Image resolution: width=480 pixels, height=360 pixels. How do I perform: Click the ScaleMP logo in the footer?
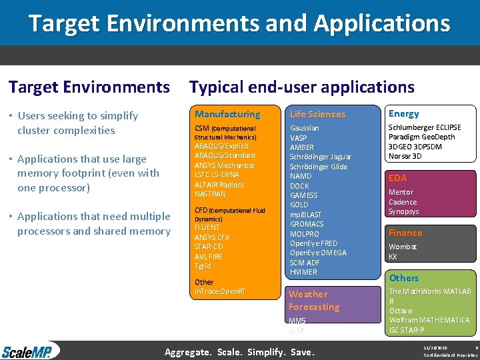coord(29,351)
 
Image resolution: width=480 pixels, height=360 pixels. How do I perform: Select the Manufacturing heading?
coord(227,114)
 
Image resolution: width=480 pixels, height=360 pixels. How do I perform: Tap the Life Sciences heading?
coord(317,114)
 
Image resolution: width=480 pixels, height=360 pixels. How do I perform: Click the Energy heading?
coord(403,113)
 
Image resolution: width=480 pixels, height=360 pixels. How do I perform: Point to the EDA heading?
coord(397,178)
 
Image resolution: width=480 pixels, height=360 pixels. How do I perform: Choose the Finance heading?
coord(405,233)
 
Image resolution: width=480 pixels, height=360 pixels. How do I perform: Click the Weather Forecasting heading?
coord(314,300)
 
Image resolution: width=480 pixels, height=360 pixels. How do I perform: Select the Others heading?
coord(404,278)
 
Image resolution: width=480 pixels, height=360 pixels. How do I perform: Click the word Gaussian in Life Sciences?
coord(304,127)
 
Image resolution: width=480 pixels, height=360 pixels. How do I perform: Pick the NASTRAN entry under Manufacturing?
coord(210,194)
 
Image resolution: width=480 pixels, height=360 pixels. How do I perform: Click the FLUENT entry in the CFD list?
coord(207,227)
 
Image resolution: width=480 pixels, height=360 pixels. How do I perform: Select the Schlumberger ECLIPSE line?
coord(425,127)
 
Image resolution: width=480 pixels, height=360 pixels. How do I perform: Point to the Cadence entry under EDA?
coord(403,202)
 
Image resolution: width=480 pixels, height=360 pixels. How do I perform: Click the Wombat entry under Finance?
coord(403,247)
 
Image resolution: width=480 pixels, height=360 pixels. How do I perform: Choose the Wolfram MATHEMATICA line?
coord(429,320)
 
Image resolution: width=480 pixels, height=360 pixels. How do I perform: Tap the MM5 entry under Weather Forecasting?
coord(297,321)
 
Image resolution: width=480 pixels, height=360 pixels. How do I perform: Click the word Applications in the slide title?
coord(382,23)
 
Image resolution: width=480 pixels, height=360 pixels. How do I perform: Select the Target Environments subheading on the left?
coord(89,87)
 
